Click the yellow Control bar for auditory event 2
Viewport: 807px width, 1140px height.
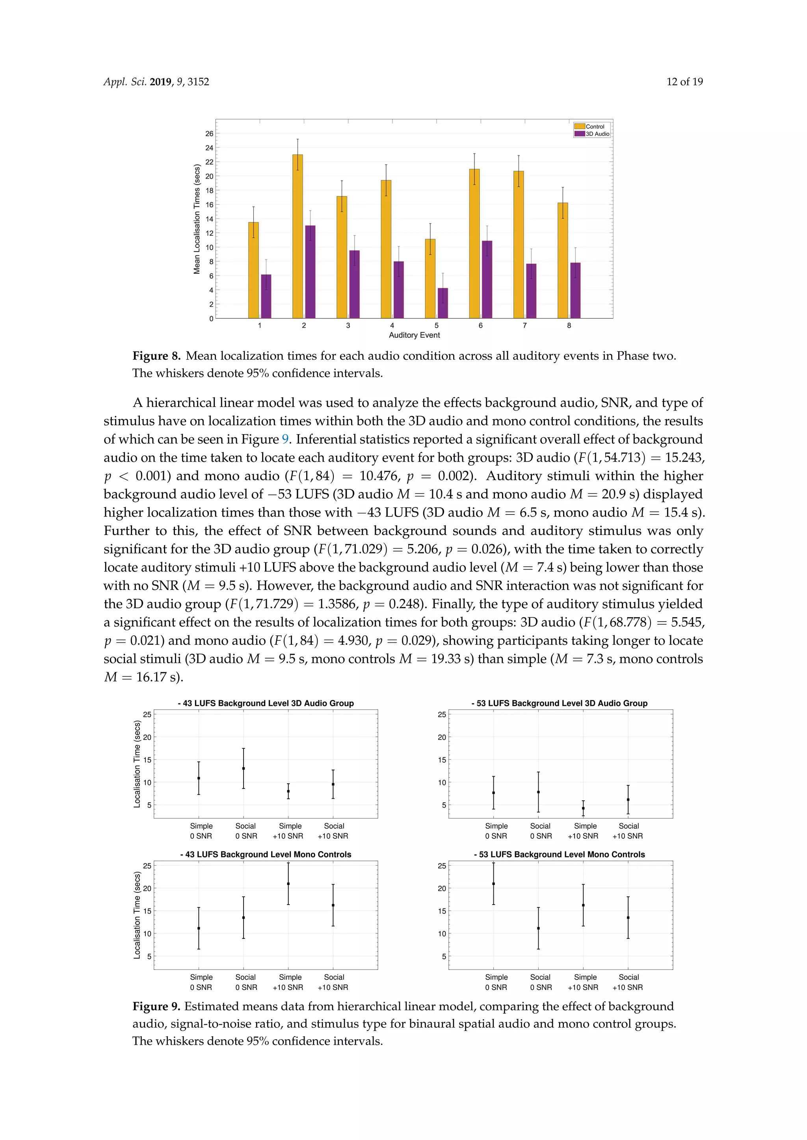click(x=297, y=236)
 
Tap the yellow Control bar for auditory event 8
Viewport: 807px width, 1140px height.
click(x=563, y=260)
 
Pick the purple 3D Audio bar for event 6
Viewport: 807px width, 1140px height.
click(x=487, y=279)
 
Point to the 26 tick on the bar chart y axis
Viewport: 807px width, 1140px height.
click(x=209, y=133)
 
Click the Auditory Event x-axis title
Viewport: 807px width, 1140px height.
click(x=414, y=335)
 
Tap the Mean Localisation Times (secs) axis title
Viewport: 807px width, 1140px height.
click(x=197, y=219)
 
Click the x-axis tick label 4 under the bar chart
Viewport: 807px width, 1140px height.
click(x=392, y=325)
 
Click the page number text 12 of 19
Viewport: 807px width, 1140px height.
click(x=684, y=82)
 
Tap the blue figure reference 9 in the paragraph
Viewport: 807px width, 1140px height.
click(x=285, y=439)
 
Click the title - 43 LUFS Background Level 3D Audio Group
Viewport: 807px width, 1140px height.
click(x=266, y=703)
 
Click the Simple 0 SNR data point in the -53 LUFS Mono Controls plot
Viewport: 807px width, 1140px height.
click(x=493, y=884)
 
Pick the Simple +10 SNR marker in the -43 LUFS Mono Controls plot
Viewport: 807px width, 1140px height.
click(x=288, y=884)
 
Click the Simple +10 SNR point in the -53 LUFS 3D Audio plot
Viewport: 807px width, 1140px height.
click(x=583, y=808)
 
